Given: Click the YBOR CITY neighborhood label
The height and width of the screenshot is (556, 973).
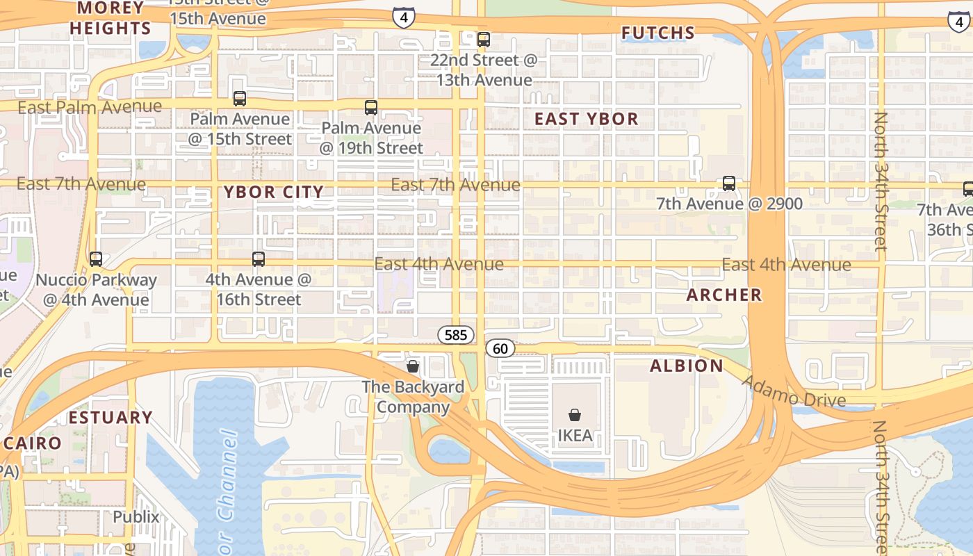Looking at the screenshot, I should (x=274, y=192).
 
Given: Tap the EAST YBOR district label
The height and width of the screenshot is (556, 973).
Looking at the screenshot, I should (x=586, y=119).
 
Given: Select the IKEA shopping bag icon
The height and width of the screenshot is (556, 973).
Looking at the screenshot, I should (x=575, y=416).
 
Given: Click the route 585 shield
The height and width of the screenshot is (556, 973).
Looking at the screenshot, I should (x=456, y=335).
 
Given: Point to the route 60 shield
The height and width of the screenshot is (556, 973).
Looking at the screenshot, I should (x=500, y=348).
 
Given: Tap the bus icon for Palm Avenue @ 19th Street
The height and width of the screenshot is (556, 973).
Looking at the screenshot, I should (x=371, y=108).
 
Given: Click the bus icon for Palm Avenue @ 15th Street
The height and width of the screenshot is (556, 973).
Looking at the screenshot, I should (x=240, y=99).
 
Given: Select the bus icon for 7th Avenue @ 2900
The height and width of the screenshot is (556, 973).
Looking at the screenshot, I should (x=728, y=183).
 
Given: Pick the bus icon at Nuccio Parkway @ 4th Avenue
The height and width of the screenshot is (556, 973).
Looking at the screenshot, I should (x=96, y=259).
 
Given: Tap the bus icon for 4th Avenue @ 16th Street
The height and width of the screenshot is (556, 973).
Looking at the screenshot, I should (x=259, y=259).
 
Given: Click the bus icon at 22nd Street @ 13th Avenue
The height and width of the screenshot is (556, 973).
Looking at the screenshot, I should (x=484, y=40).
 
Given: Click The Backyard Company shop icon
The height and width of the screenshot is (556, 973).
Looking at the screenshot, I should (x=413, y=366).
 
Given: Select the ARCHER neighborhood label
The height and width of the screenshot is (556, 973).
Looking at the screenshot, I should (x=724, y=295).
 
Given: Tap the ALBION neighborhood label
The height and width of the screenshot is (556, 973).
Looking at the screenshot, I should (x=687, y=366).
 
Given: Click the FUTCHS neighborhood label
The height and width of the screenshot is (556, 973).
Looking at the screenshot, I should (x=657, y=33).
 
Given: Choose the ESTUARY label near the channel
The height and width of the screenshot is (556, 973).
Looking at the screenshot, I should (x=111, y=418).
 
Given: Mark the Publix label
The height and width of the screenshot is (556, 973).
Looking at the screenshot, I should (x=136, y=517).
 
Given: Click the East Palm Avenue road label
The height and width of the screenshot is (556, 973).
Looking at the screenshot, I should (x=90, y=107).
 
